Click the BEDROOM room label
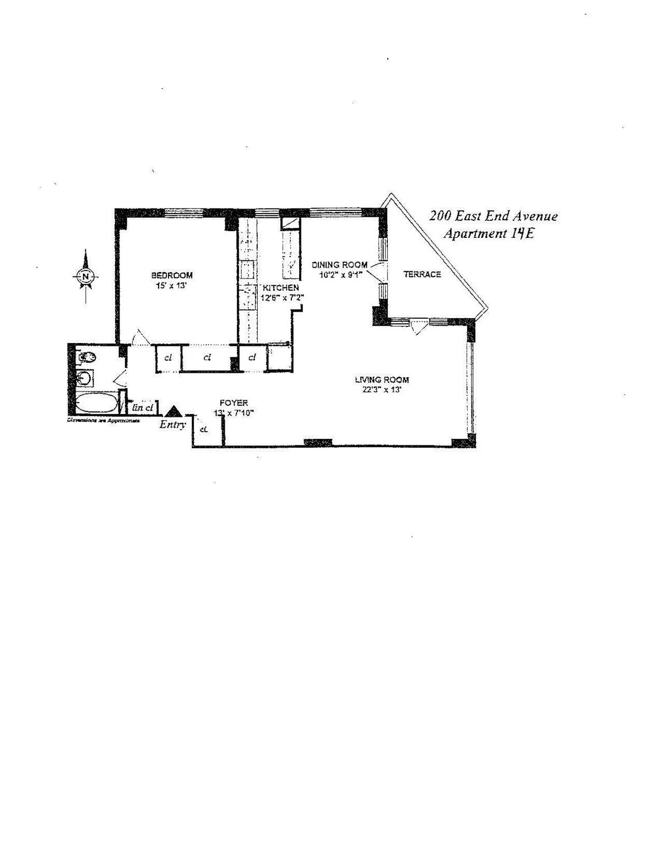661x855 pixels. [172, 275]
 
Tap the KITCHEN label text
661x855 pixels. [281, 288]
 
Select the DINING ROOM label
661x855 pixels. [339, 265]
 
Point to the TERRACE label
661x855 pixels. [422, 274]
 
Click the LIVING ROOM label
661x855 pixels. [382, 379]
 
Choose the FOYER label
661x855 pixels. [234, 402]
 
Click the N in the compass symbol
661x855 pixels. [85, 276]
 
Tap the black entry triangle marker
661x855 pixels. [174, 411]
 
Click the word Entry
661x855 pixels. [172, 424]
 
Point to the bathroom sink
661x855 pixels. [85, 378]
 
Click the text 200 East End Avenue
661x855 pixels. [494, 216]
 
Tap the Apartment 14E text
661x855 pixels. [489, 233]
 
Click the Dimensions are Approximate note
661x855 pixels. [103, 420]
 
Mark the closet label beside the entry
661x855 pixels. [203, 428]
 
